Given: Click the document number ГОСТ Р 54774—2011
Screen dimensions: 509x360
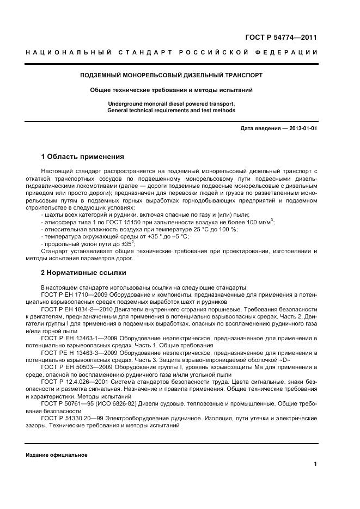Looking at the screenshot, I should [281, 38].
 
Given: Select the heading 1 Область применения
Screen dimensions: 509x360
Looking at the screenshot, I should [83, 157].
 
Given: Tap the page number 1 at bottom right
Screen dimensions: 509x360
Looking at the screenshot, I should [315, 464].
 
